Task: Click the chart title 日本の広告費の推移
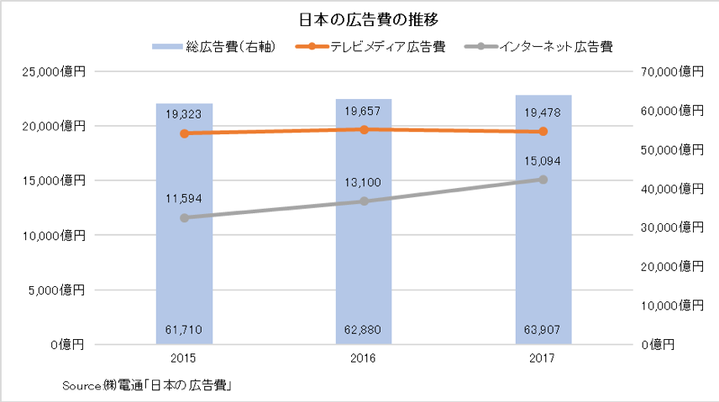click(369, 19)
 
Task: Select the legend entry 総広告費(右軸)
click(214, 47)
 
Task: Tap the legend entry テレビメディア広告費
click(370, 47)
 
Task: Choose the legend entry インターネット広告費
click(538, 47)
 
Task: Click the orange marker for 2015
click(184, 133)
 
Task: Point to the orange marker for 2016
click(364, 130)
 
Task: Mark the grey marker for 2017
click(543, 180)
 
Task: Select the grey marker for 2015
click(184, 217)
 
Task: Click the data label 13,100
click(363, 182)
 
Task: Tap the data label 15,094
click(543, 161)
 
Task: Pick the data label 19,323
click(183, 114)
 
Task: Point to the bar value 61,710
click(183, 330)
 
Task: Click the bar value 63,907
click(542, 330)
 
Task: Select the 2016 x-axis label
click(363, 358)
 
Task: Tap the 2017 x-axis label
click(542, 358)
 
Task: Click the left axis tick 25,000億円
click(54, 71)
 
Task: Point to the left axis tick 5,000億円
click(56, 290)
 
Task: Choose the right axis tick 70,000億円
click(672, 71)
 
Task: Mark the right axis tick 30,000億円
click(672, 227)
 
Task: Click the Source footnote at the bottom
click(147, 386)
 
